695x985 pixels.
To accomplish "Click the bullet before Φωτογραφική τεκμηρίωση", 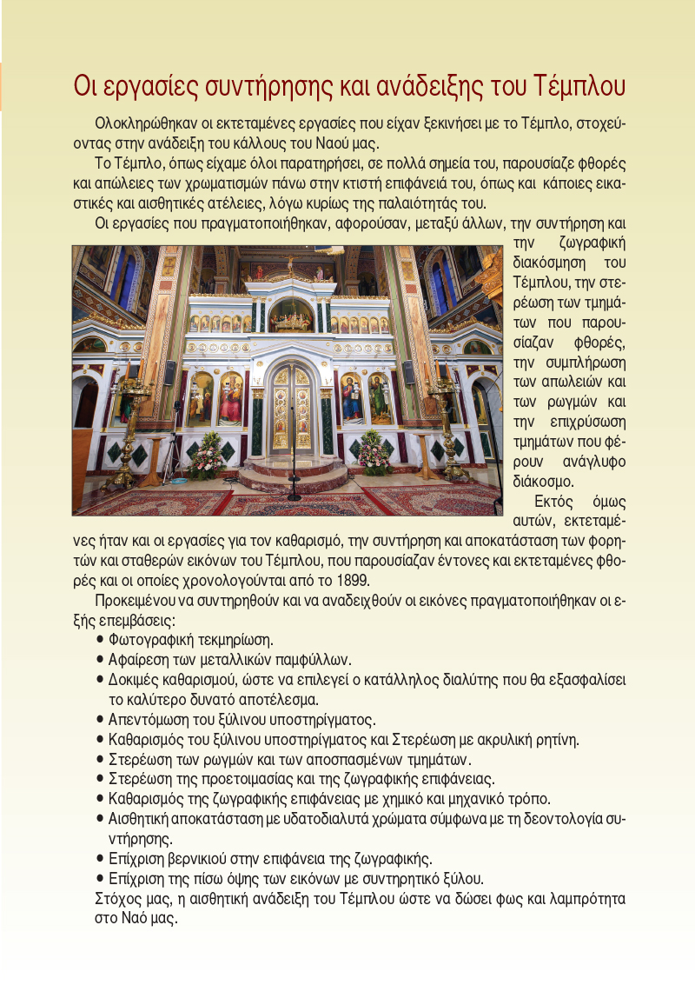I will pyautogui.click(x=101, y=640).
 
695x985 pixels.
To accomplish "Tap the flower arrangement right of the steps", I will pyautogui.click(x=374, y=452).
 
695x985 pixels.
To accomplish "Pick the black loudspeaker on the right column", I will pyautogui.click(x=407, y=372).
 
